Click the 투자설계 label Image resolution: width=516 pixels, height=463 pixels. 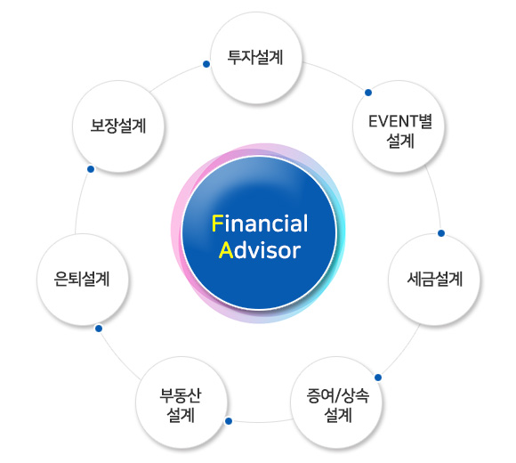(255, 57)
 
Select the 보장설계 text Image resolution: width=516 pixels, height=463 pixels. (118, 126)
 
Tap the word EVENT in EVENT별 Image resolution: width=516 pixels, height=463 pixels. (389, 121)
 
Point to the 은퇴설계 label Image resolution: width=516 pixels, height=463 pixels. (82, 279)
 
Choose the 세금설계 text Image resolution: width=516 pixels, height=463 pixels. (435, 279)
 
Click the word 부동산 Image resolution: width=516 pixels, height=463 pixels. (181, 395)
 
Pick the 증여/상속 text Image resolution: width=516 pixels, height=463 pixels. (338, 395)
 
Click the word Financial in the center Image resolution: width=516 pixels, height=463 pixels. (260, 223)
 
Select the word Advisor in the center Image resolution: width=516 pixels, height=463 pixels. (260, 250)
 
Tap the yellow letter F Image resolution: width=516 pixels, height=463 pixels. (218, 223)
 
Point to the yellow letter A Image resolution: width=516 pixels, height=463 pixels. (226, 250)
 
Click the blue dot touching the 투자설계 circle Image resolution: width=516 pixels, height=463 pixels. (206, 64)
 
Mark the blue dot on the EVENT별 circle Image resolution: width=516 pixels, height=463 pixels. (368, 93)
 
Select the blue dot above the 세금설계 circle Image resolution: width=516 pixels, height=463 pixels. (441, 233)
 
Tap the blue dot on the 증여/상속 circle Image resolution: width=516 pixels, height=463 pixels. (378, 378)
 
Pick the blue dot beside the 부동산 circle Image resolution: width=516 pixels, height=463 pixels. (229, 421)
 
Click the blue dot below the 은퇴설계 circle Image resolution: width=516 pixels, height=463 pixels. (99, 329)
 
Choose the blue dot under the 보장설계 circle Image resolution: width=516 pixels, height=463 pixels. (91, 169)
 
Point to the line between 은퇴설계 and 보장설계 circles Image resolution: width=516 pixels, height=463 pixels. (80, 201)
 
